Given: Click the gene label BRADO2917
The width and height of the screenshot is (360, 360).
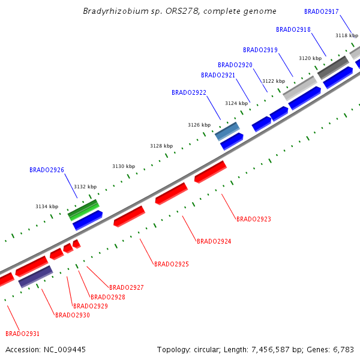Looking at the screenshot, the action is [x=321, y=11].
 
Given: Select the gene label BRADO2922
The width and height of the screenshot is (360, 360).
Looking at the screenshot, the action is [x=188, y=92].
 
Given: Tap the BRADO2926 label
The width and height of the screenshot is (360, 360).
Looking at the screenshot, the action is [x=46, y=170].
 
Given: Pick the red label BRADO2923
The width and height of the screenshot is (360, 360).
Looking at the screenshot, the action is [x=253, y=219].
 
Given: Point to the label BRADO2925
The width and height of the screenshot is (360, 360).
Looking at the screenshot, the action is [x=171, y=264].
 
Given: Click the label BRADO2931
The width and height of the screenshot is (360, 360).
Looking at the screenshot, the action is [x=22, y=334].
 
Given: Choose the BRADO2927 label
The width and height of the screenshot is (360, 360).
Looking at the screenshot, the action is [x=126, y=287].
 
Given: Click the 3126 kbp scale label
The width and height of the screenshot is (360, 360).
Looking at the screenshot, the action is [x=199, y=125].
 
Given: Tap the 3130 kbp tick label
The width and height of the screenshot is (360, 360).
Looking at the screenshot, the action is [x=124, y=166].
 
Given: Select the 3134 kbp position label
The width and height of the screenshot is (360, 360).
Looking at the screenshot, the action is [x=47, y=206].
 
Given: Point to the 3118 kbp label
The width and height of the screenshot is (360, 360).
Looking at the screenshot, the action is [x=346, y=35].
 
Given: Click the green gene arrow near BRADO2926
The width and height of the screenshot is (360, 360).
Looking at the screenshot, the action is [x=83, y=209].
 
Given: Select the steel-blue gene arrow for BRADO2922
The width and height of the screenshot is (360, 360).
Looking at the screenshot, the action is [x=227, y=130].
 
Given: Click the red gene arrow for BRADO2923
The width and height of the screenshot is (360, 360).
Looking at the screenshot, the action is [x=210, y=171].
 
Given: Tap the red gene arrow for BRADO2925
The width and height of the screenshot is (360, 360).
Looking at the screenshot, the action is [x=129, y=216].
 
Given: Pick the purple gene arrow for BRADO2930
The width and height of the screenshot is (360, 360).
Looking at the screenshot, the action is [x=35, y=277].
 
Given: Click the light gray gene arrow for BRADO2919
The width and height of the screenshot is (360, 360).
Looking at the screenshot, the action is [x=300, y=88].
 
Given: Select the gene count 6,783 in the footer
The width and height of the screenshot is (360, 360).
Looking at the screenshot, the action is [x=343, y=349].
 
